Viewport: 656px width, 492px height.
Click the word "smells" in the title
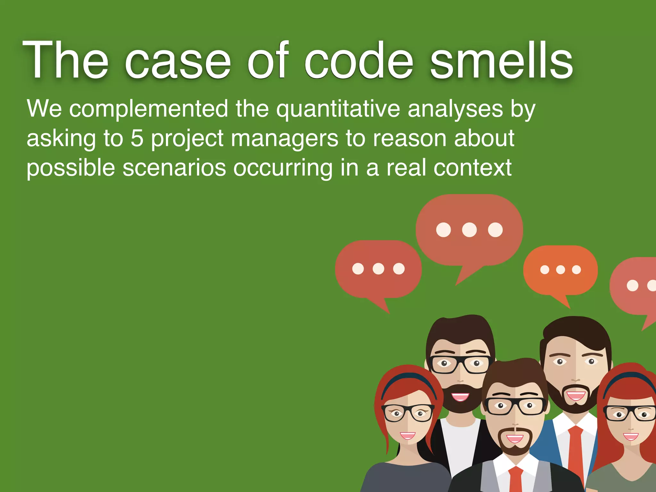501,61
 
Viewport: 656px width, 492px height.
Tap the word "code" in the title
359,61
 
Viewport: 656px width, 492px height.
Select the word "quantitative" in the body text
338,109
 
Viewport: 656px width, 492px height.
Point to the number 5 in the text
137,138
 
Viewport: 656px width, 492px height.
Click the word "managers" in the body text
284,138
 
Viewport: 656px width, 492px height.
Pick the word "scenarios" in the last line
174,168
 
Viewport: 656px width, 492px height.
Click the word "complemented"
149,109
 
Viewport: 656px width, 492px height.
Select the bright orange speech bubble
560,270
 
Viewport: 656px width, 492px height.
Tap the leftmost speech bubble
378,269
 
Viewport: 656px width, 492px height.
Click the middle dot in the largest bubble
469,230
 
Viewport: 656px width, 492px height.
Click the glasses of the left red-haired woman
407,413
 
